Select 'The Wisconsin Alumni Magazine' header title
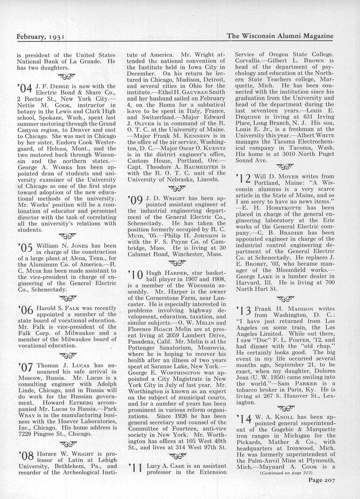[x=280, y=36]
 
